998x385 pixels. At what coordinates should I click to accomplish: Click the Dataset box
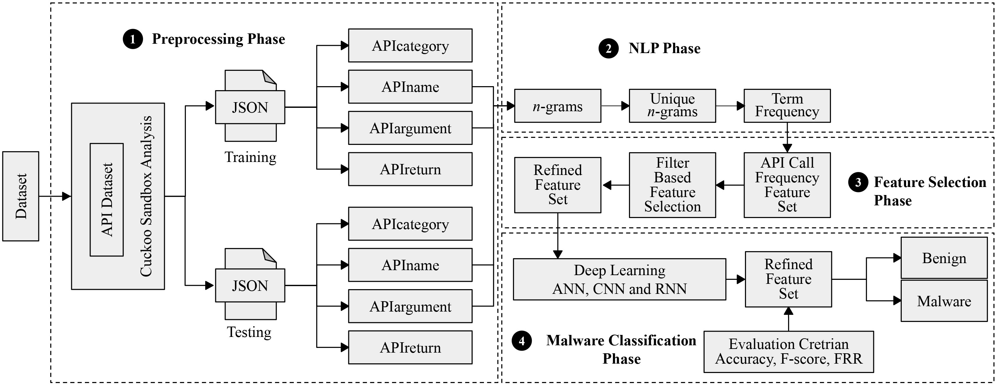pos(20,196)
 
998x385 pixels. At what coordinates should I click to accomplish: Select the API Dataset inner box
pos(107,200)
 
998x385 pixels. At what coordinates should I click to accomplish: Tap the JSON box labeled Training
pos(250,107)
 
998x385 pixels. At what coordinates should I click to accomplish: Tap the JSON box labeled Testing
pos(250,285)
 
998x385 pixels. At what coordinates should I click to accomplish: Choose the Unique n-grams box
pos(672,106)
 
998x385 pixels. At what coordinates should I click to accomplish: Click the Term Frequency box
pos(787,106)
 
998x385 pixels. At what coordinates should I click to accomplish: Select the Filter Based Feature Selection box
pos(672,185)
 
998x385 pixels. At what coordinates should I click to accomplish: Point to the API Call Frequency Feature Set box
pos(787,185)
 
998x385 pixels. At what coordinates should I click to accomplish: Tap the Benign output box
pos(944,258)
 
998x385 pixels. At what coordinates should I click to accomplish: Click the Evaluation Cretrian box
pos(788,351)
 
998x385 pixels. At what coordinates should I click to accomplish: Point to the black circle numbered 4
pos(521,341)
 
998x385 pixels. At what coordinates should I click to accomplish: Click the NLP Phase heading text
pos(664,48)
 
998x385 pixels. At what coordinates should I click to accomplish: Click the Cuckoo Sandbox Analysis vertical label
pos(146,196)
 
